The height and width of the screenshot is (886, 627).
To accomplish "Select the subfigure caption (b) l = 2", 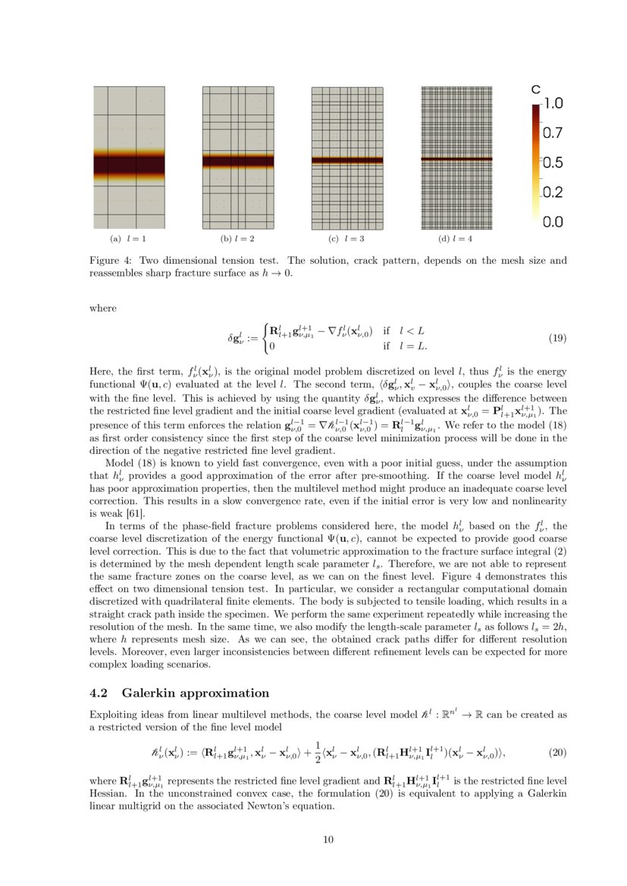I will tap(237, 239).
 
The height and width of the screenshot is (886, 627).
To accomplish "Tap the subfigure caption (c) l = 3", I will tap(346, 239).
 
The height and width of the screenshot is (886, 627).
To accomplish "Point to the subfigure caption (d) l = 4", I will tap(456, 239).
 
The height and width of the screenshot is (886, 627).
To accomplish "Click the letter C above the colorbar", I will tap(536, 89).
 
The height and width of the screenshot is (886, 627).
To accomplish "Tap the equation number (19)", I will tap(556, 338).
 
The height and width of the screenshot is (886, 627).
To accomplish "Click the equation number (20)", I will tap(556, 753).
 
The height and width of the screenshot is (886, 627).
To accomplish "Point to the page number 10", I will tap(328, 839).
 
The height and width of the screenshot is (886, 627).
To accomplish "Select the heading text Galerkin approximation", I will tap(196, 693).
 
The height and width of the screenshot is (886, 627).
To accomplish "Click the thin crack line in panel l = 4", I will tap(456, 158).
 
